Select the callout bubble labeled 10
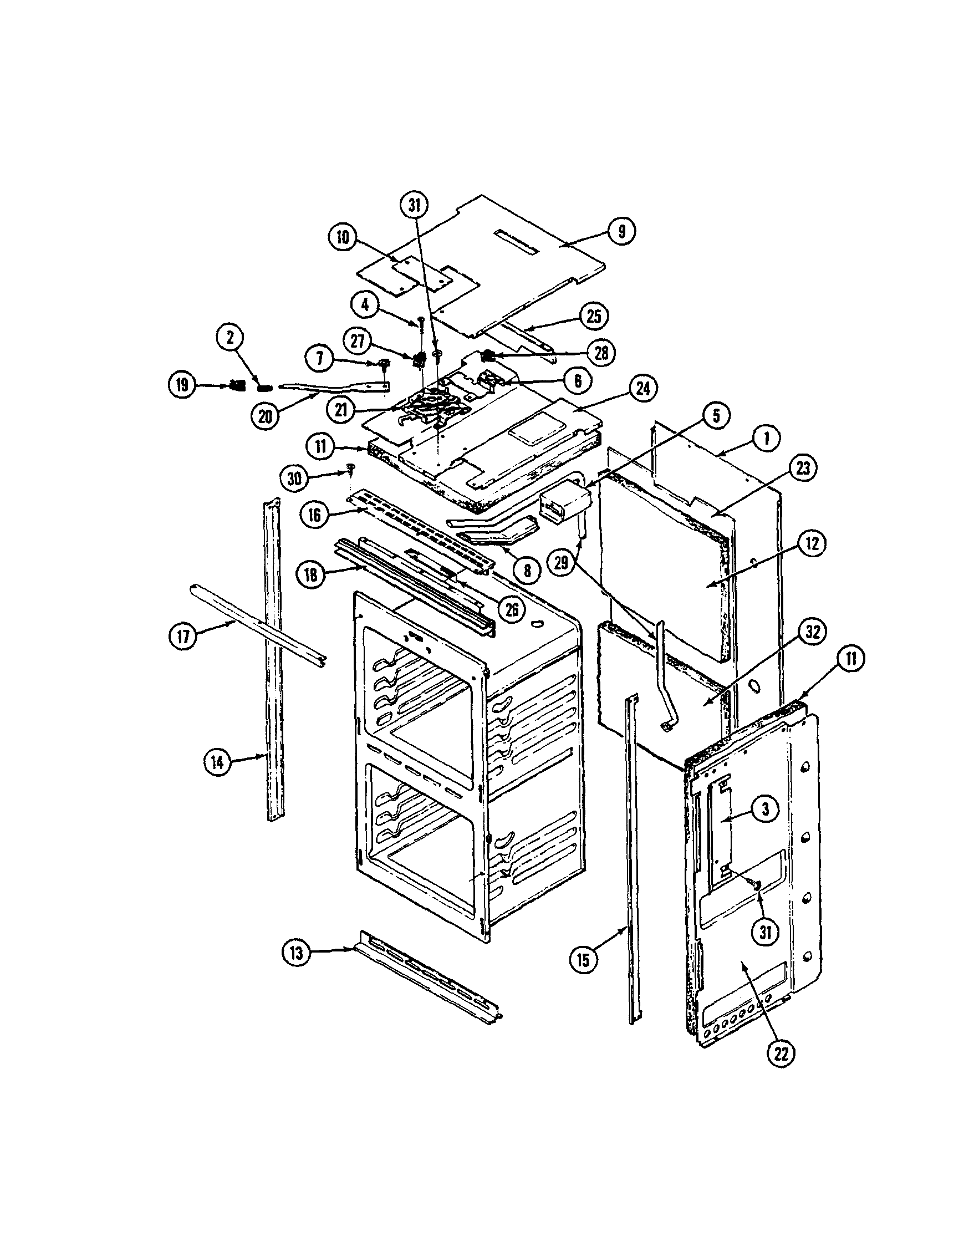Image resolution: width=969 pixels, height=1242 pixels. pyautogui.click(x=343, y=237)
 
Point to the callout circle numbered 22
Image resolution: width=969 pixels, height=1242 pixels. pyautogui.click(x=781, y=1054)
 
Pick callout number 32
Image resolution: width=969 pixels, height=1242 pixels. pyautogui.click(x=813, y=633)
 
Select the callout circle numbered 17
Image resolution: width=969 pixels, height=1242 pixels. pyautogui.click(x=182, y=635)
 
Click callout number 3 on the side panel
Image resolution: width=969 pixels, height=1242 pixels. pyautogui.click(x=766, y=808)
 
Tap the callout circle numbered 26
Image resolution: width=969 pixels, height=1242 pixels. pyautogui.click(x=511, y=609)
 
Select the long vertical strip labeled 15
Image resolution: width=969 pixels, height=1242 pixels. pyautogui.click(x=633, y=853)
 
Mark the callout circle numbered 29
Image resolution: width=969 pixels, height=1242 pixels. pyautogui.click(x=561, y=561)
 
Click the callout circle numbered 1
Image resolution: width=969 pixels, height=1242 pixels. pyautogui.click(x=766, y=440)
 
